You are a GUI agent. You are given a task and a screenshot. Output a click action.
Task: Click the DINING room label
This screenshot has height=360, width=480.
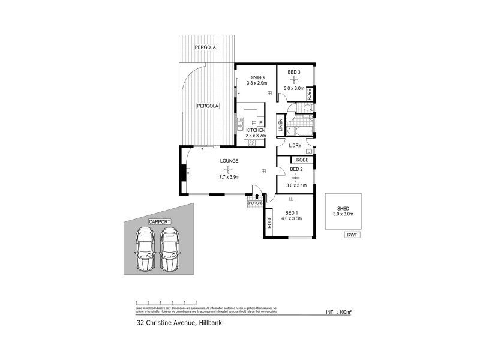click(x=256, y=77)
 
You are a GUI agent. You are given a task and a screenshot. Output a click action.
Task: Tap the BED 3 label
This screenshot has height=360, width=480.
click(x=294, y=73)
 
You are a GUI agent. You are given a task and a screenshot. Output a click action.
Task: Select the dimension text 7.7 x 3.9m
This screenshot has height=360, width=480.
click(x=229, y=177)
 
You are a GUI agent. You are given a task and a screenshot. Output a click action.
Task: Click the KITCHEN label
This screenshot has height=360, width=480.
click(x=255, y=130)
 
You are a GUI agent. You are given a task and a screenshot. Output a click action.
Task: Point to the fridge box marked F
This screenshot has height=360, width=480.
click(x=260, y=122)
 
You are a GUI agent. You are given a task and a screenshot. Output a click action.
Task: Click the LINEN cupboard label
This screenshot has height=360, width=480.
click(x=280, y=127)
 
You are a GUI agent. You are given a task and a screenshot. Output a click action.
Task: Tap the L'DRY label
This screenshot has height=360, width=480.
click(x=295, y=146)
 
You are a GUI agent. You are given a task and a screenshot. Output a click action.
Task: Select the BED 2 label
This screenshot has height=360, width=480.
click(x=297, y=169)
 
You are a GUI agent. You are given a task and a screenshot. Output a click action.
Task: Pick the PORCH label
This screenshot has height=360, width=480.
click(x=254, y=203)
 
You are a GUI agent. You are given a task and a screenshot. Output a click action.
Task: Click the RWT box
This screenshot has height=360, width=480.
click(x=352, y=235)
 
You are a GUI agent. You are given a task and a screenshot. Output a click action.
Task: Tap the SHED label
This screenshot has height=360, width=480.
click(x=343, y=208)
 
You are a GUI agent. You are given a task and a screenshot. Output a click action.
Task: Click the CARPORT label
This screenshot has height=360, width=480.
click(x=159, y=222)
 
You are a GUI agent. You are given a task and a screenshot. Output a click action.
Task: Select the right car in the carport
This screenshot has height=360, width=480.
click(x=171, y=251)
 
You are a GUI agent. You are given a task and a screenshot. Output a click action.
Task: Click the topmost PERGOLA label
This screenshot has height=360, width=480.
click(x=205, y=47)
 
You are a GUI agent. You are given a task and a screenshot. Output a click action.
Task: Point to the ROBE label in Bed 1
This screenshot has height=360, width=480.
click(x=270, y=223)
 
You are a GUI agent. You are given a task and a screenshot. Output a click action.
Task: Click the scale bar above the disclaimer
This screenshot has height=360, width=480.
click(x=166, y=301)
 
